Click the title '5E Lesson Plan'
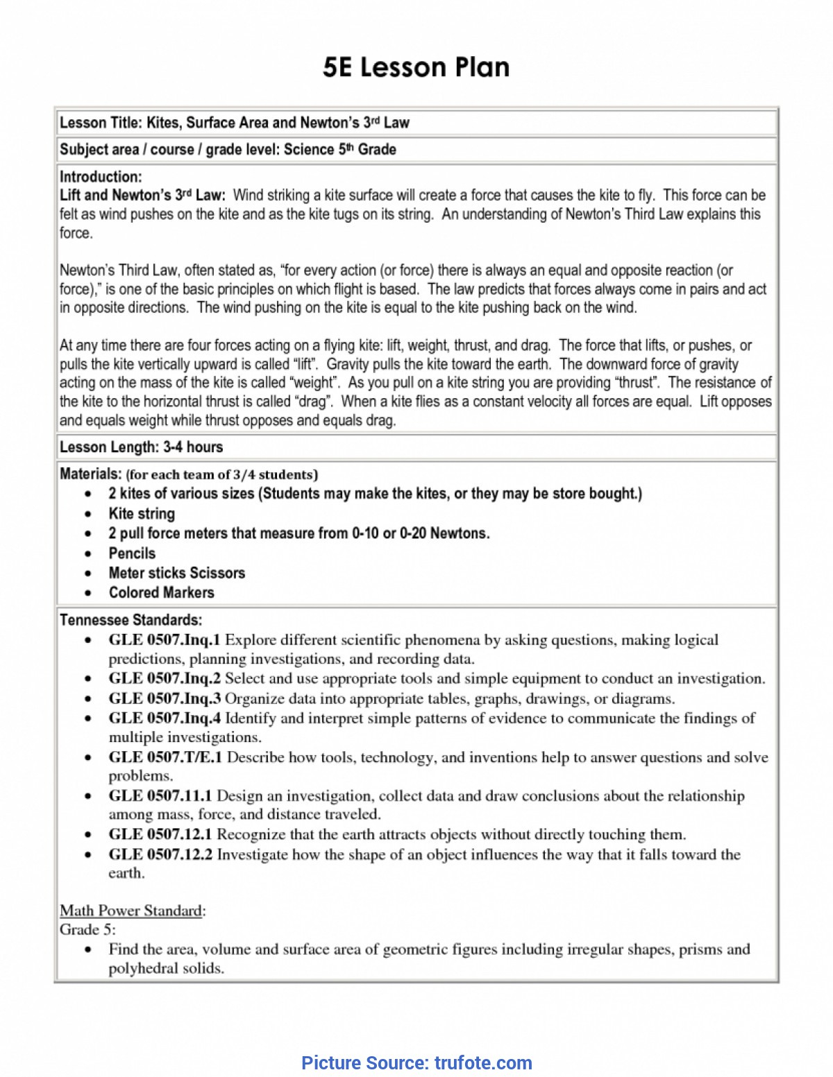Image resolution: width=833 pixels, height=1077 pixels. (x=416, y=67)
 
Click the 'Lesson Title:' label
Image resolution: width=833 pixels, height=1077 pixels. (x=101, y=123)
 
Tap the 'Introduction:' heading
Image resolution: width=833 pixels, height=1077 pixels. (x=101, y=177)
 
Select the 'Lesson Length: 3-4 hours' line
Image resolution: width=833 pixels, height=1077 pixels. (x=141, y=447)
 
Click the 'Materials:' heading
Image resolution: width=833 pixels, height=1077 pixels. (x=91, y=474)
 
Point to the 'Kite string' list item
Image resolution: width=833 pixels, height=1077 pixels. (x=142, y=514)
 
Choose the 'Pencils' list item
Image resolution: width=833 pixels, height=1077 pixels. (x=132, y=553)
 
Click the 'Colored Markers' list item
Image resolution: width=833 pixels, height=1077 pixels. (x=161, y=593)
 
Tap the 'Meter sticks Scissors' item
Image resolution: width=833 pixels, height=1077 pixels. (x=177, y=573)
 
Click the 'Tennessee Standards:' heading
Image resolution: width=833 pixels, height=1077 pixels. (x=131, y=620)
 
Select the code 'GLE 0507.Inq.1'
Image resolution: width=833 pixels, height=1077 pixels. (x=165, y=640)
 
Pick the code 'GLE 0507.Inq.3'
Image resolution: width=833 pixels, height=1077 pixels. (x=165, y=698)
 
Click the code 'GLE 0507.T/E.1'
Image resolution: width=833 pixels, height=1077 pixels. (x=165, y=757)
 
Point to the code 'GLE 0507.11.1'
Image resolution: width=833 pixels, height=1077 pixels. (x=160, y=796)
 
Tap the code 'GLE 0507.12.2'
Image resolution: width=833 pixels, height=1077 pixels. (x=160, y=854)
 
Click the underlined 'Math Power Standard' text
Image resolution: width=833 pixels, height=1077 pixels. (x=131, y=911)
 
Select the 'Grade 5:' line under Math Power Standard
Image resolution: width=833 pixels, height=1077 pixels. (x=87, y=930)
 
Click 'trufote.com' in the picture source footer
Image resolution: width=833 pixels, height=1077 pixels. (x=483, y=1063)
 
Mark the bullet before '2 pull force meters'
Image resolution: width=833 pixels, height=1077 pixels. (x=88, y=534)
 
